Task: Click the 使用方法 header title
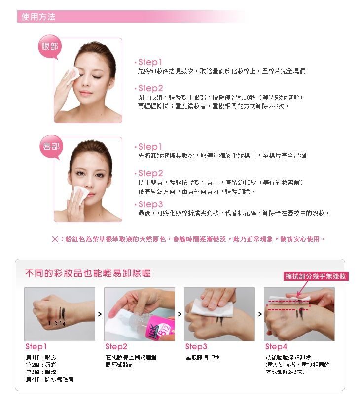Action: point(38,17)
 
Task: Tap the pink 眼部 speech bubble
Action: point(50,47)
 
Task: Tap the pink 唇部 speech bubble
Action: point(51,146)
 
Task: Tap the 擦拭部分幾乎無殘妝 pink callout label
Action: point(316,276)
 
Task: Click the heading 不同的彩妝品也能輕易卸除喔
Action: point(88,273)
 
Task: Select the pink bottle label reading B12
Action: point(165,329)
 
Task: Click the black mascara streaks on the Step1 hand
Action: point(62,313)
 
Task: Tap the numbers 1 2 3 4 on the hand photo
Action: point(57,323)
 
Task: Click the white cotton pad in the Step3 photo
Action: point(212,307)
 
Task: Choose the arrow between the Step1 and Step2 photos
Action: point(100,314)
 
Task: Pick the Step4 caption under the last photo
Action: point(276,347)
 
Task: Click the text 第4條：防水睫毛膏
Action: point(50,379)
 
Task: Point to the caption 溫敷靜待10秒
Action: point(202,357)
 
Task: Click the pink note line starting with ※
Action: point(189,239)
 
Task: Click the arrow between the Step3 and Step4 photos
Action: point(260,314)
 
